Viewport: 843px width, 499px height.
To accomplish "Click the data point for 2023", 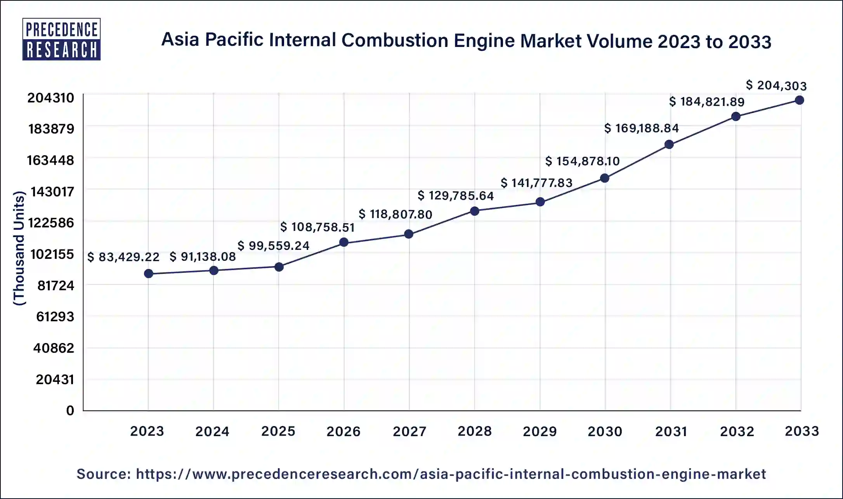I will coord(148,274).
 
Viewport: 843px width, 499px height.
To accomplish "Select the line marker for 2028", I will coord(474,211).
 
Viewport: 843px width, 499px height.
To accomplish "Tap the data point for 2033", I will coord(799,100).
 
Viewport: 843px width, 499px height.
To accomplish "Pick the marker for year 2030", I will coord(605,178).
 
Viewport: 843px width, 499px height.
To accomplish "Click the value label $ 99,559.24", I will coord(273,246).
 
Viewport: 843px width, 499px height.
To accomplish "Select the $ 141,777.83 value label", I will coord(536,183).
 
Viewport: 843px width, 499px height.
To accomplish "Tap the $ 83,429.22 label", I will coord(123,257).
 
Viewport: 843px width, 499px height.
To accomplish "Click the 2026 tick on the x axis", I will coord(343,431).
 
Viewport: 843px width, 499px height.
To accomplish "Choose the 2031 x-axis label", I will coord(671,431).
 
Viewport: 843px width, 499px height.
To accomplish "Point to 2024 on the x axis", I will coord(212,431).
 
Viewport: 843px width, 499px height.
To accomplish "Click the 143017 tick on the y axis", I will coord(52,192).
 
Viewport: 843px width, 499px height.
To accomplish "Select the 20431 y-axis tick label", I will coord(55,379).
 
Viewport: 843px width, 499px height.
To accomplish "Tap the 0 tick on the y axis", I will coord(70,411).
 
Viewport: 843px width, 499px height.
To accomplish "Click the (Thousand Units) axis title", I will coord(19,248).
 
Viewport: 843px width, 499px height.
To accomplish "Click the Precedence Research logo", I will coord(61,39).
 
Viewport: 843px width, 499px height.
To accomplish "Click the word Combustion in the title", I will coord(395,41).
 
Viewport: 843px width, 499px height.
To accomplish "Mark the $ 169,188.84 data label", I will coord(641,128).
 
